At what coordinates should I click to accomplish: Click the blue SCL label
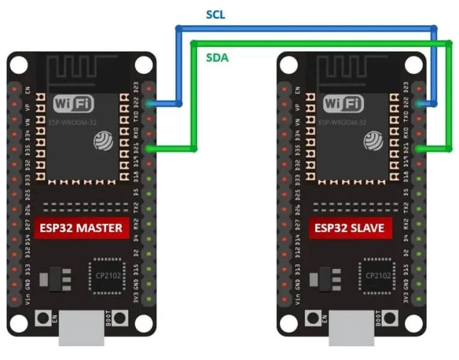pos(215,15)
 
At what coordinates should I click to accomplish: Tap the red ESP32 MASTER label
pos(81,229)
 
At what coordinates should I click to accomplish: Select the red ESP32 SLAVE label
pos(349,229)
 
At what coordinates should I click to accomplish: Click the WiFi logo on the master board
pos(73,104)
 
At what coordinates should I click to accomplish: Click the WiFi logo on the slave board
pos(343,104)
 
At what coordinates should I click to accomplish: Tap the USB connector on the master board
pos(82,330)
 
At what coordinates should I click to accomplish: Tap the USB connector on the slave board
pos(352,330)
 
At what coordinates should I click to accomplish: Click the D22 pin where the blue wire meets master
pos(149,104)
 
